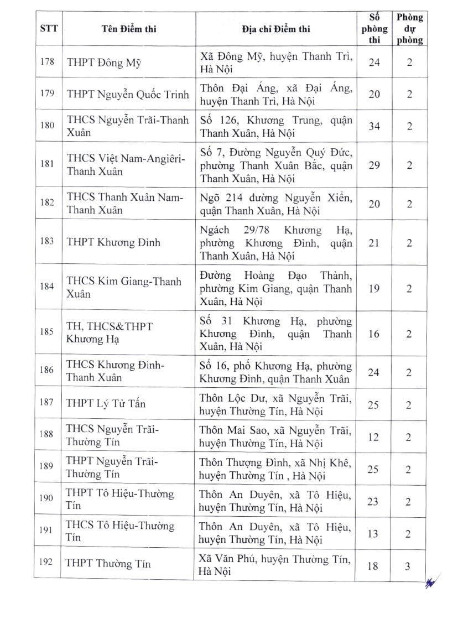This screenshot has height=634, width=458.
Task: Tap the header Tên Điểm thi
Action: tap(129, 29)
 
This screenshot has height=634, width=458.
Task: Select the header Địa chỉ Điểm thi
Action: tap(276, 29)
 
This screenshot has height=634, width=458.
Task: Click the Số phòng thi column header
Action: tap(374, 29)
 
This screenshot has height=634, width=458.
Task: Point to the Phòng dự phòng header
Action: tap(409, 29)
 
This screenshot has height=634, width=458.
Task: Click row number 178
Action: tap(48, 62)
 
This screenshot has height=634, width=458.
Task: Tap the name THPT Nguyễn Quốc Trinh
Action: tap(128, 94)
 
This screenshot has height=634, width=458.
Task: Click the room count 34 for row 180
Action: tap(374, 127)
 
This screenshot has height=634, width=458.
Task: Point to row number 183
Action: tap(48, 242)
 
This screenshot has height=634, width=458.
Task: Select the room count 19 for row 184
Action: tap(374, 288)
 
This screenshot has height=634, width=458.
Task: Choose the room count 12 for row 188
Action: tap(374, 437)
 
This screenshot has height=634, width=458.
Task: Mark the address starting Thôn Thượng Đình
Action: tap(275, 469)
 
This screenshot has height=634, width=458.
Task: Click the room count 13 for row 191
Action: tap(374, 533)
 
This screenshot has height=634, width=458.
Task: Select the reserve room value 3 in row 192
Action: tap(408, 566)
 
